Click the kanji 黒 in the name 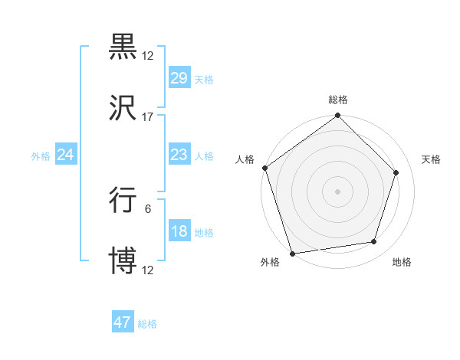[123, 47]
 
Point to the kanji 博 [123, 261]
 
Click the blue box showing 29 [179, 78]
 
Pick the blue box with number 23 [179, 155]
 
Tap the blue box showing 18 [179, 231]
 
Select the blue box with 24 [66, 155]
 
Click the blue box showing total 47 [123, 322]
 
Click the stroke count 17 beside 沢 [148, 116]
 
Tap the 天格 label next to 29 [204, 80]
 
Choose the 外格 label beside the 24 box [41, 156]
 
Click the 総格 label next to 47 [147, 324]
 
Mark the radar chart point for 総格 [337, 116]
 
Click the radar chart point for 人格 [265, 168]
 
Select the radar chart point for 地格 [374, 242]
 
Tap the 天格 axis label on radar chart [432, 159]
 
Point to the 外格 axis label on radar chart [270, 262]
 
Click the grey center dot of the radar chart [337, 191]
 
